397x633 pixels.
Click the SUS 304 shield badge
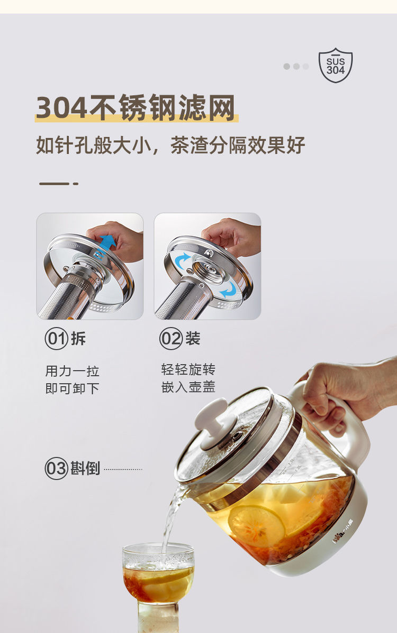(336, 65)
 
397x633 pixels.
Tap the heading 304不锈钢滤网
(136, 108)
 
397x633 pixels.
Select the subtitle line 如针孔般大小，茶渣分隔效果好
(170, 145)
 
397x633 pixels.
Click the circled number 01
(56, 339)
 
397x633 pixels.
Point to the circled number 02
(170, 339)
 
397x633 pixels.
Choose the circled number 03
(56, 469)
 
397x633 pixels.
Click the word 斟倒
(85, 469)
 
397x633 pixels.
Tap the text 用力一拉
(72, 371)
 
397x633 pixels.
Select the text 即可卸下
(72, 389)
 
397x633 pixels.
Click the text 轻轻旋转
(188, 369)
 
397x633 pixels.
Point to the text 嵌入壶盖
(188, 387)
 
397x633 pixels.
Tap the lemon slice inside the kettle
(257, 526)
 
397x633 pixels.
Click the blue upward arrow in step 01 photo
(107, 244)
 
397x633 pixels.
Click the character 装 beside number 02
(193, 339)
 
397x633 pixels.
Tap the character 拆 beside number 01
(78, 339)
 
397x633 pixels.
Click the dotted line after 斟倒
(123, 469)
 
